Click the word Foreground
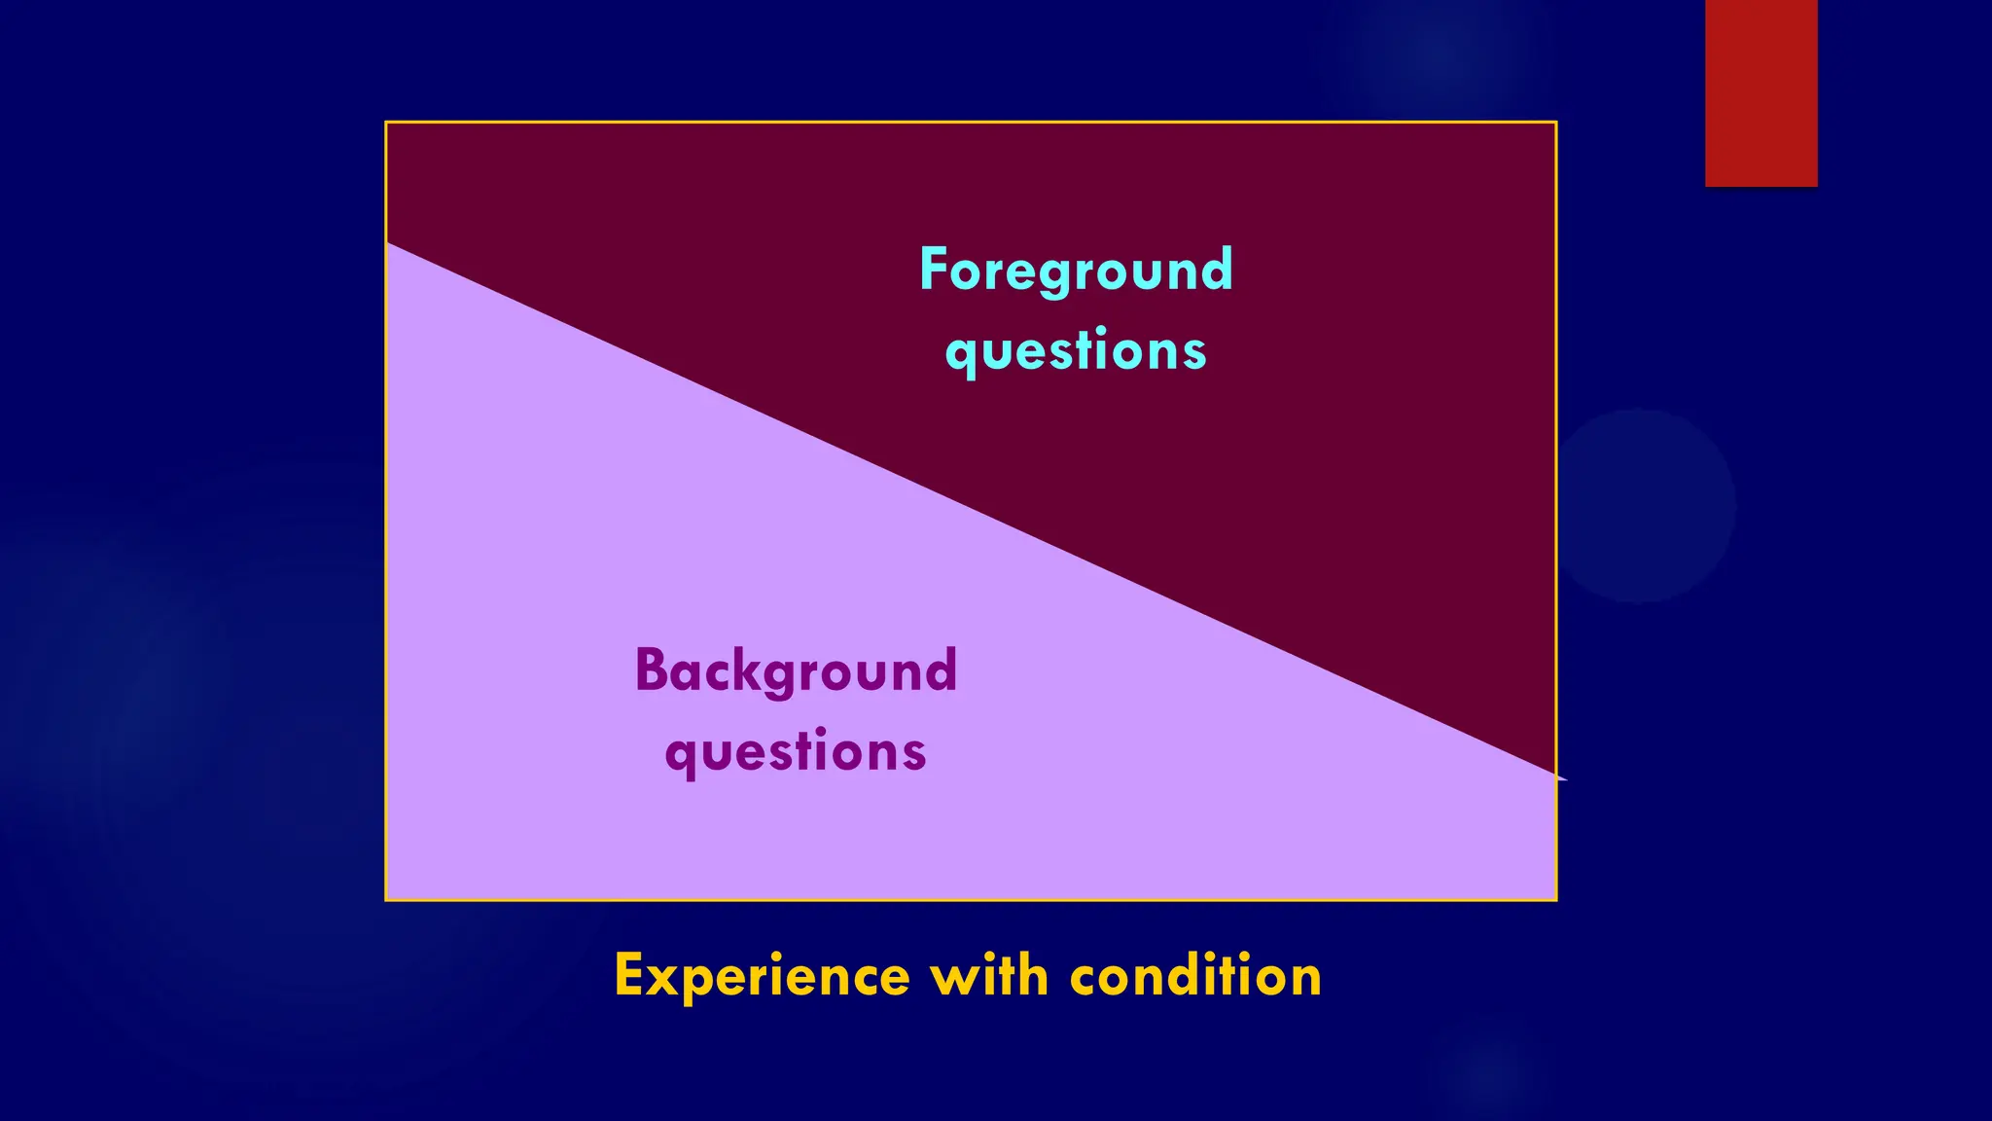pyautogui.click(x=1076, y=271)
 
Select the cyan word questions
pyautogui.click(x=1076, y=351)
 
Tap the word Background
pyautogui.click(x=796, y=671)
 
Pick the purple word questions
pyautogui.click(x=796, y=752)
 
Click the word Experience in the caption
pyautogui.click(x=762, y=976)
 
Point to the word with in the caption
pyautogui.click(x=989, y=976)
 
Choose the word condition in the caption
pyautogui.click(x=1195, y=976)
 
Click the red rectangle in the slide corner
pyautogui.click(x=1761, y=92)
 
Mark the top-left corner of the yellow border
pyautogui.click(x=386, y=123)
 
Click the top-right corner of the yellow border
pyautogui.click(x=1556, y=123)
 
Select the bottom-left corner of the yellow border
pyautogui.click(x=386, y=900)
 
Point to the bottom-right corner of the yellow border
pyautogui.click(x=1556, y=900)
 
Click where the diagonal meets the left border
pyautogui.click(x=387, y=243)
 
